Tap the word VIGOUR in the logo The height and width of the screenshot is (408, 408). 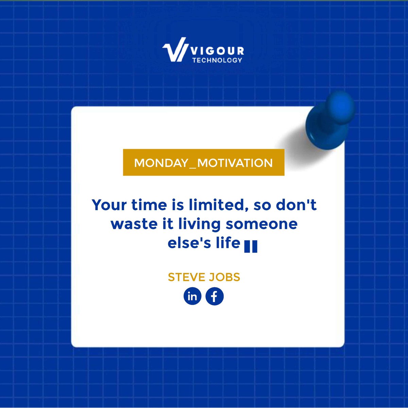(x=217, y=51)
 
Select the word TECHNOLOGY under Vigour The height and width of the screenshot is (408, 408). (x=217, y=60)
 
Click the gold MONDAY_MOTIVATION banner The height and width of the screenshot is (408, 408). (x=203, y=163)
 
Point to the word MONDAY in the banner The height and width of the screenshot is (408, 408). (x=161, y=163)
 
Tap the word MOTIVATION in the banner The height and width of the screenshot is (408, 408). (x=235, y=163)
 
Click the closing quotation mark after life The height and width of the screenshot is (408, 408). (x=251, y=247)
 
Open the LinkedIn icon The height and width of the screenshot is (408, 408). (x=192, y=296)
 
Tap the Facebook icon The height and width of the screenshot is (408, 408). (x=215, y=296)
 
